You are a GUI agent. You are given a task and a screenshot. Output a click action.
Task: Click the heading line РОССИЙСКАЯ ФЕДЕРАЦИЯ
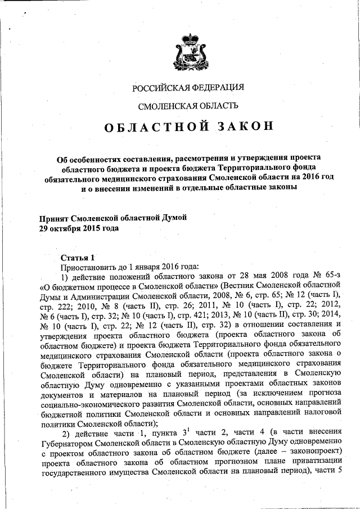tap(188, 87)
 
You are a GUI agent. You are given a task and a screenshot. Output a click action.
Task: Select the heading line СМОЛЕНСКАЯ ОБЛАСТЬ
tap(188, 105)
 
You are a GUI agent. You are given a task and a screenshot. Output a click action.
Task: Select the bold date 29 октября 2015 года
tap(79, 229)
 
